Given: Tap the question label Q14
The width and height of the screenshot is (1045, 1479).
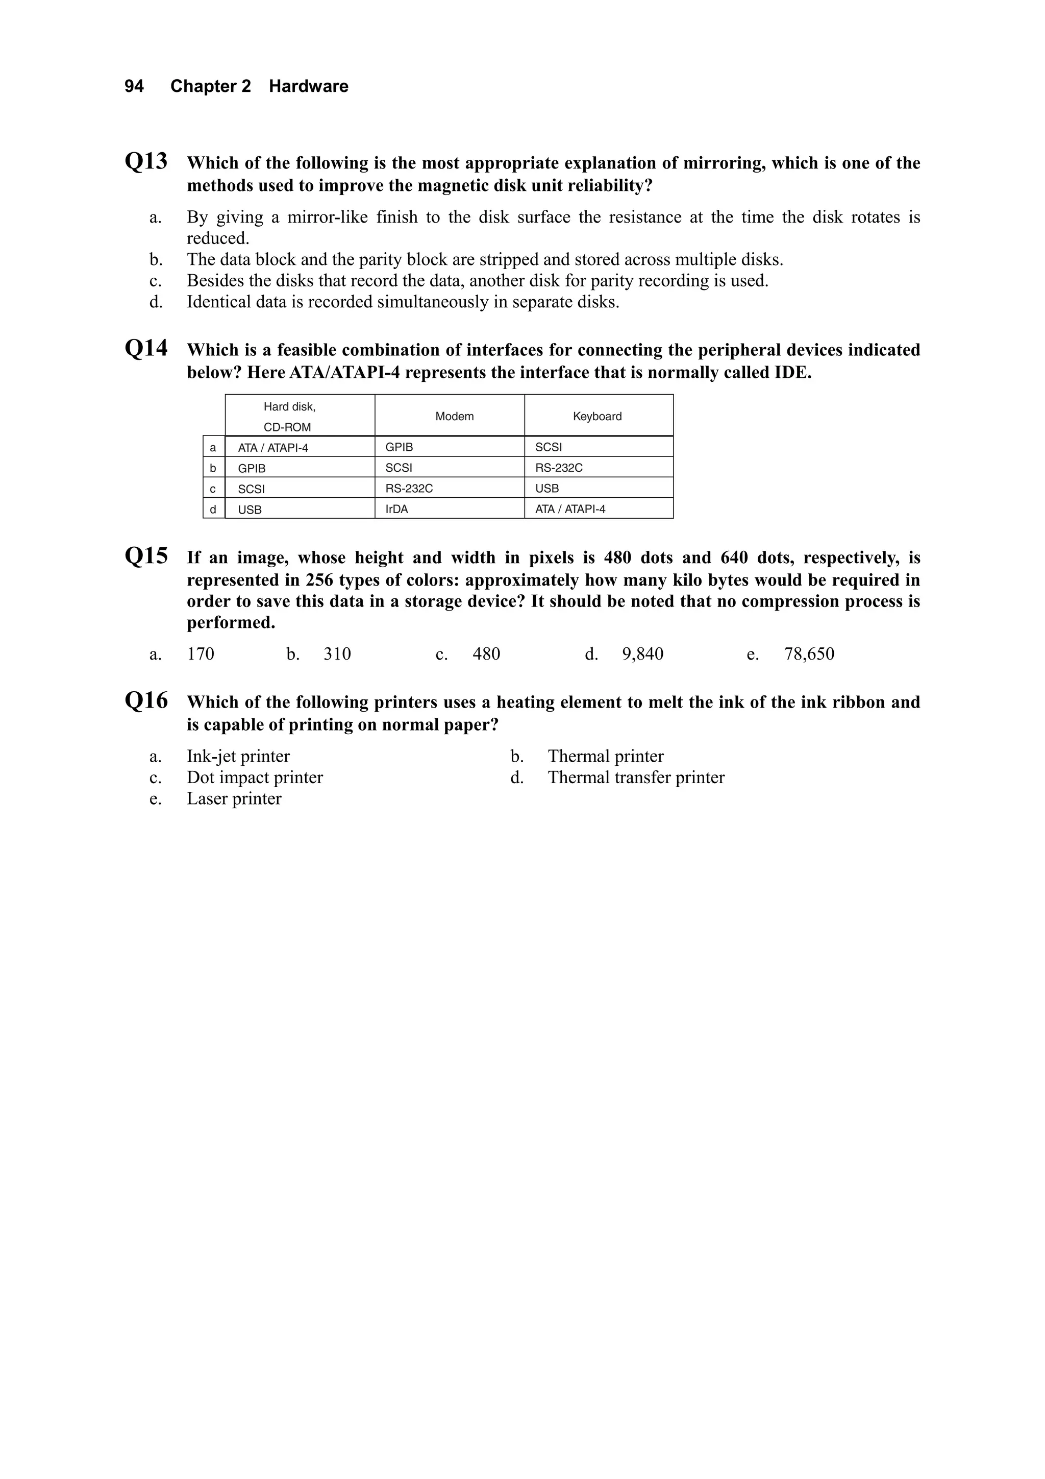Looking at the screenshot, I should click(x=146, y=349).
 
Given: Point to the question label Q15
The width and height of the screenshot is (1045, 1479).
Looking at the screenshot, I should click(x=146, y=556).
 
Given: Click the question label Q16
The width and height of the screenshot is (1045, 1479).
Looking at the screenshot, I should click(x=146, y=700).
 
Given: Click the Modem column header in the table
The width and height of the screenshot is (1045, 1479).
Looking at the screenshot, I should click(x=454, y=416).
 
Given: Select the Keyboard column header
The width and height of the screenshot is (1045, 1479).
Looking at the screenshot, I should click(x=597, y=416).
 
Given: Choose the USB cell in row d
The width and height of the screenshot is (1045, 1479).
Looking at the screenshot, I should click(x=250, y=510).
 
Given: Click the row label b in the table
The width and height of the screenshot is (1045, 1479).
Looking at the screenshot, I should click(x=213, y=468).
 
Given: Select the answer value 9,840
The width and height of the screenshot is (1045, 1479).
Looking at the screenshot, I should click(x=642, y=654).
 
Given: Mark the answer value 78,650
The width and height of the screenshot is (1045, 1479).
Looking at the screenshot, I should click(x=809, y=654).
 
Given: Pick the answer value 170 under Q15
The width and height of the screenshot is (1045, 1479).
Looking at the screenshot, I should click(x=200, y=654).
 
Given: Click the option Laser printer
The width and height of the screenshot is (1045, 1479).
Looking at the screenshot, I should click(x=234, y=799).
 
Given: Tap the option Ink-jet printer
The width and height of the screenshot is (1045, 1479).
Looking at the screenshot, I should click(x=238, y=756).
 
